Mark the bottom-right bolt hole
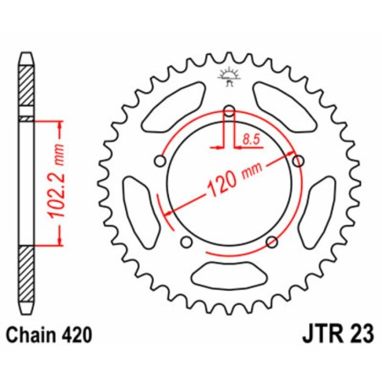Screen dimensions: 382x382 pos(271,243)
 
